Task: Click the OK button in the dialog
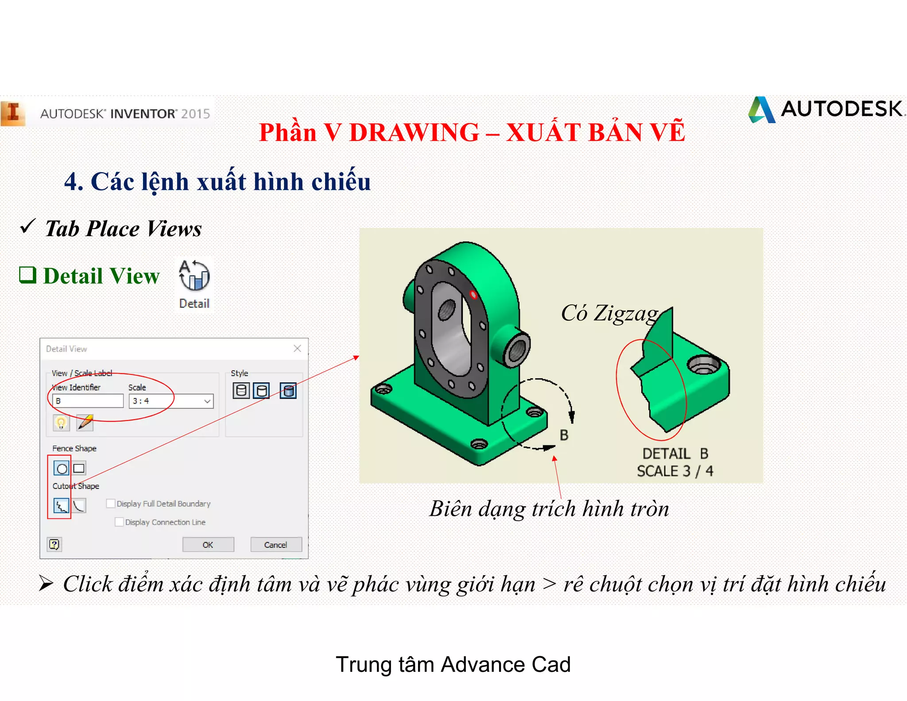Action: point(208,545)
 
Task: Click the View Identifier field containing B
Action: point(88,401)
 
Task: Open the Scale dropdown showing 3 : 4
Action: point(207,401)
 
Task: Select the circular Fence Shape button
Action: point(62,468)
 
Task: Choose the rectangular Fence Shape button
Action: point(79,468)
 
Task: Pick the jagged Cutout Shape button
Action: point(61,506)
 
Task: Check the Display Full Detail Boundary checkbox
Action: point(111,503)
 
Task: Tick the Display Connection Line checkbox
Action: point(119,522)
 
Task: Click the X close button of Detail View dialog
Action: point(297,349)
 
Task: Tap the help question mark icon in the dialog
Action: point(54,544)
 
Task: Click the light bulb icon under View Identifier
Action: point(61,422)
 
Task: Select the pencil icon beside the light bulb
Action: point(85,422)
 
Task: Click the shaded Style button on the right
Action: point(288,391)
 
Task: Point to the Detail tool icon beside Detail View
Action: point(194,277)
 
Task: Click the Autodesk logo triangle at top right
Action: point(762,110)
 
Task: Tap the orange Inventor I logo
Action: point(13,113)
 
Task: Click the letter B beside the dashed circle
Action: point(564,435)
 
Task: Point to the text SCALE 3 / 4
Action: point(675,471)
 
